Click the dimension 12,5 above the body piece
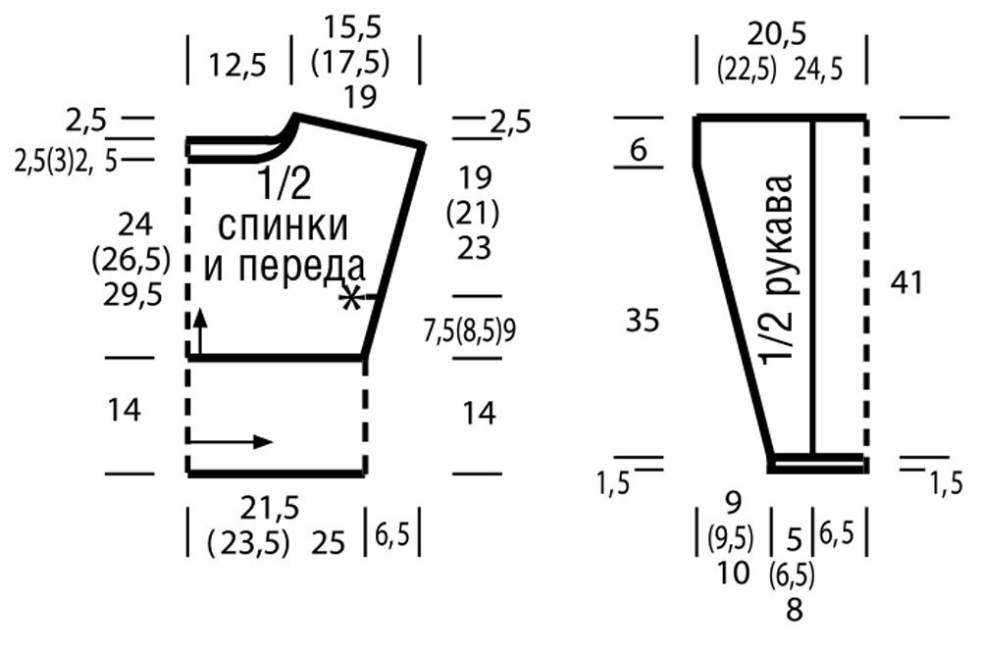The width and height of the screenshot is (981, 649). (237, 65)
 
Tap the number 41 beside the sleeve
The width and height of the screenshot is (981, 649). (906, 283)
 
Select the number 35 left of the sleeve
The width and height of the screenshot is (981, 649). (643, 321)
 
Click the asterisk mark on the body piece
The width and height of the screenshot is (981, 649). (351, 298)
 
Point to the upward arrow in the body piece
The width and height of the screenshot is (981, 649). (200, 332)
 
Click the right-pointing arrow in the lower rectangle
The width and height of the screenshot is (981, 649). (231, 441)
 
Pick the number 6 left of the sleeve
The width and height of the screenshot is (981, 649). (638, 150)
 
